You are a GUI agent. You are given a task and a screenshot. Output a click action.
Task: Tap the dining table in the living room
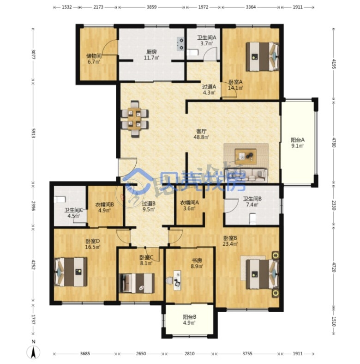point(134,119)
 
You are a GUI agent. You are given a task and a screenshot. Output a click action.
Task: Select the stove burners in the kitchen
point(180,44)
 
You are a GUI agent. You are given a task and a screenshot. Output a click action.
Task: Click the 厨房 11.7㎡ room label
point(151,55)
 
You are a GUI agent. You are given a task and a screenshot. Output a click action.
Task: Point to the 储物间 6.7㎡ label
point(94,59)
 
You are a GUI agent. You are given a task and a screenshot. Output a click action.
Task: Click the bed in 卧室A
point(262,56)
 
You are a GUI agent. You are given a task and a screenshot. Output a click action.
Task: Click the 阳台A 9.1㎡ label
point(298,143)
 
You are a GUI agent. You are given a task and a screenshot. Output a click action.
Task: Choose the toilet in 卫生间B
point(252,219)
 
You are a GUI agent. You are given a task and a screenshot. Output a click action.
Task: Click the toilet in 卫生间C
point(60,200)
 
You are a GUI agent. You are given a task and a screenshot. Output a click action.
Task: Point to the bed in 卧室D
point(71,272)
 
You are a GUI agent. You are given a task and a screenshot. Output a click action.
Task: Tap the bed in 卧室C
point(137,283)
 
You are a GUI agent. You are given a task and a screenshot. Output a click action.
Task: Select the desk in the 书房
point(177,280)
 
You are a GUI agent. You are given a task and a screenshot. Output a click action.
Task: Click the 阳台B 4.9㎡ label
point(189,320)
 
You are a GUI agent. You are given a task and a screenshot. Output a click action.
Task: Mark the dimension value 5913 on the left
point(33,133)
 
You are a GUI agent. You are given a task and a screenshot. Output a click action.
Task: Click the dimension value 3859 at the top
point(151,7)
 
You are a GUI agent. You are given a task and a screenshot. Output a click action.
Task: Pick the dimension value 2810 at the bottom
point(190,353)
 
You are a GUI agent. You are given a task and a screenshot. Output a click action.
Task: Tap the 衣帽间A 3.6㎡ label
point(189,205)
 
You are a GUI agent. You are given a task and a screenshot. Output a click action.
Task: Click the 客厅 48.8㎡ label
point(201,134)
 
